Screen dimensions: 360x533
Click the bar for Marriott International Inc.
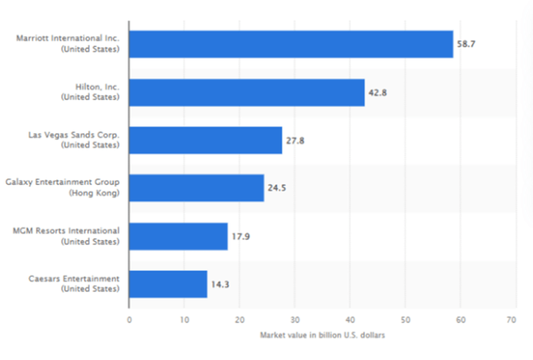(x=291, y=44)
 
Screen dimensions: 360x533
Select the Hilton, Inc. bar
(x=246, y=92)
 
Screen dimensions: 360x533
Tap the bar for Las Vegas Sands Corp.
(x=205, y=140)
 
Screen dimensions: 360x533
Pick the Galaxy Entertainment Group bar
(x=196, y=188)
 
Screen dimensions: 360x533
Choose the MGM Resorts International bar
(x=178, y=236)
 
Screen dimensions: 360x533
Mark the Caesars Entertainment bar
(x=168, y=284)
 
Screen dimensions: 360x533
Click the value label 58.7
(x=465, y=44)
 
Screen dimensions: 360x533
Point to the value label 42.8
(x=377, y=92)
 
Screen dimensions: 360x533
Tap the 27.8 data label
(x=295, y=140)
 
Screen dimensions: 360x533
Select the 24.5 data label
(x=276, y=188)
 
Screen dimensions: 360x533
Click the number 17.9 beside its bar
(x=240, y=236)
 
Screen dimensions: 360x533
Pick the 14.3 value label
(x=219, y=284)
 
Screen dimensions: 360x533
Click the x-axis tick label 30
(x=294, y=320)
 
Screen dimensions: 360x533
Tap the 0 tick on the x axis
(x=129, y=320)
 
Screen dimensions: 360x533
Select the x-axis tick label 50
(x=405, y=320)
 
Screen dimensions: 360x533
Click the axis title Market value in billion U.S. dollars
(x=322, y=335)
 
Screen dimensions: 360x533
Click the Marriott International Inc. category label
(x=68, y=39)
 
